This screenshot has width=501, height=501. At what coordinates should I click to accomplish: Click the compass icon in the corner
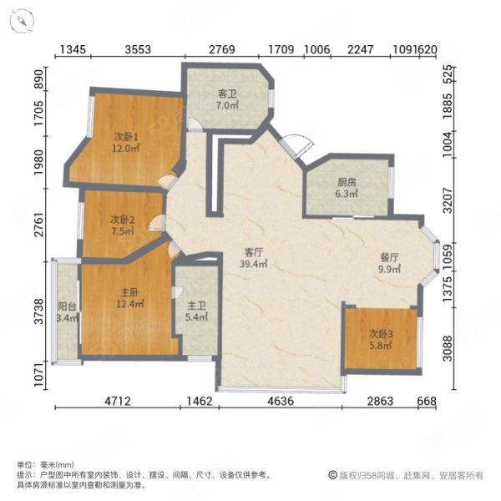coord(22,20)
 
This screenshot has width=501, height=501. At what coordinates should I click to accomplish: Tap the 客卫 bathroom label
coord(227,94)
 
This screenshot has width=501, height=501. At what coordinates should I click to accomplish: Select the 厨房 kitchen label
coord(347,182)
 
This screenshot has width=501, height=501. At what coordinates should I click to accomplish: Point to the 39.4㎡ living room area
coord(253,264)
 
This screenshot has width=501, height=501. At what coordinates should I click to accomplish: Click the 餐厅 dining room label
coord(389,257)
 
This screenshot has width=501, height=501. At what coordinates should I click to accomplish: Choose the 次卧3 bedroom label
coord(381,334)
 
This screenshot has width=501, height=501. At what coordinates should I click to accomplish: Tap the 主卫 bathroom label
coord(196,306)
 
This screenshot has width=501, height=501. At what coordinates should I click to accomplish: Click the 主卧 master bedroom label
coord(129,292)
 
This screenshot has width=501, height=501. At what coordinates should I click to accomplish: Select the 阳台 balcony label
coord(67,306)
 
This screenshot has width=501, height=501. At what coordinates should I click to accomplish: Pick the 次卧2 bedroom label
coord(123,220)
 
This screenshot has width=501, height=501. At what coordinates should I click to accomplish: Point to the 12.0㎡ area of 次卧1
coord(126,149)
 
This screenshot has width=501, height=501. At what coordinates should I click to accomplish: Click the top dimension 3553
coord(138,49)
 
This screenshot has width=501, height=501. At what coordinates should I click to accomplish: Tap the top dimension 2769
coord(222,49)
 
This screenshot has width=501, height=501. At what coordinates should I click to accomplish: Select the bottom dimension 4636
coord(281,401)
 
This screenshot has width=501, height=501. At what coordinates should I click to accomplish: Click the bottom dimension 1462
coord(200,401)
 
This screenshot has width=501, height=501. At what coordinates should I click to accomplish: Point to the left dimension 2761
coord(39,224)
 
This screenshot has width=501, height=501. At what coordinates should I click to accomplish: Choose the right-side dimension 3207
coord(448,200)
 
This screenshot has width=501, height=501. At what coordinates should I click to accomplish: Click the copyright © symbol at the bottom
coord(332,475)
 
